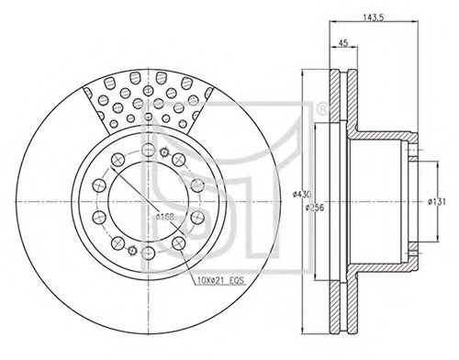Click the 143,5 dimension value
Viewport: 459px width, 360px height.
[374, 17]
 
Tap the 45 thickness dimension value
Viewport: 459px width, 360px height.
[343, 43]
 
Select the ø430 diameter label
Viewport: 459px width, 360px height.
[302, 194]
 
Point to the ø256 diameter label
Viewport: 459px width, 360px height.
[315, 208]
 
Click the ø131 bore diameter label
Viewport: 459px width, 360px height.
[437, 202]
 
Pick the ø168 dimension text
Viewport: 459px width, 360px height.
[164, 217]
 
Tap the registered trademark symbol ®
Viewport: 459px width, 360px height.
[321, 109]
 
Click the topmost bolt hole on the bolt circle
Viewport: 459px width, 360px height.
[148, 150]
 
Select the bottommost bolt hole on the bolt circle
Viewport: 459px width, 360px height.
[148, 253]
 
